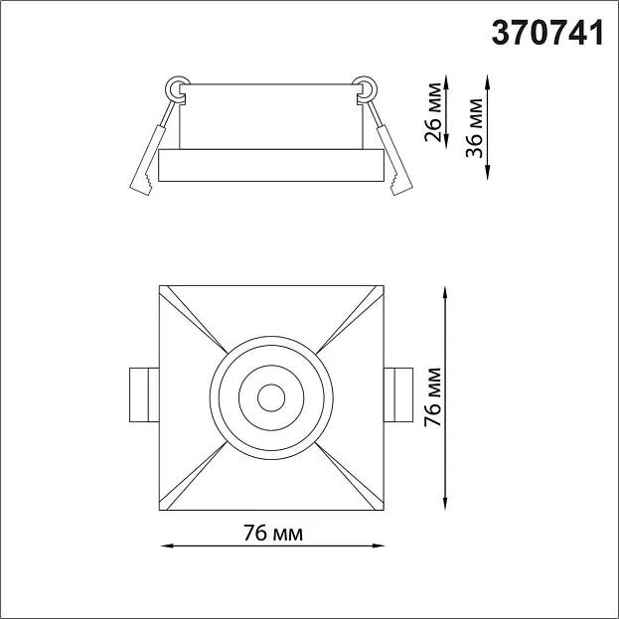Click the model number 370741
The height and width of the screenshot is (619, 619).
(x=547, y=33)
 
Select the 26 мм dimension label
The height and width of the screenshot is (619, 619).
(x=432, y=112)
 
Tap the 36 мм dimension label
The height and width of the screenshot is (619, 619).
(x=474, y=128)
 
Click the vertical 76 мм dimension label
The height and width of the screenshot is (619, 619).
(x=432, y=397)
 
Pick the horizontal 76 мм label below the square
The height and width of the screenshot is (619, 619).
(x=273, y=534)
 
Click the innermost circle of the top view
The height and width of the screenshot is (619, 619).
(x=271, y=397)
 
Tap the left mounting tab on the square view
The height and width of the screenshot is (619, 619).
(x=144, y=394)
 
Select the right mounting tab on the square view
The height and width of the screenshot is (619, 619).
(x=398, y=394)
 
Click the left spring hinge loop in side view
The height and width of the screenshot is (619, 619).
(x=177, y=89)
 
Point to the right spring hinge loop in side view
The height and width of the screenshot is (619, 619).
(x=366, y=89)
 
